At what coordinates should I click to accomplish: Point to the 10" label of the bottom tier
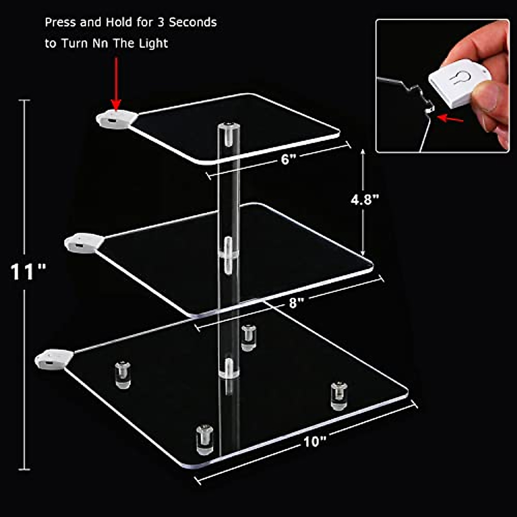coord(315,442)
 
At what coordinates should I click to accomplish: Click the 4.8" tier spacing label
coord(364,200)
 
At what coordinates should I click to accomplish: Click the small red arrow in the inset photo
coord(450,118)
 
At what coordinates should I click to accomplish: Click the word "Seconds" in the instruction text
coord(193,22)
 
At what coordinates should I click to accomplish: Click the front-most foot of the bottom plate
coord(205,439)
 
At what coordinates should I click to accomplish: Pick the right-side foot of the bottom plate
coord(339,395)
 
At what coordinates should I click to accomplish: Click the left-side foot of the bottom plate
coord(122,375)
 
